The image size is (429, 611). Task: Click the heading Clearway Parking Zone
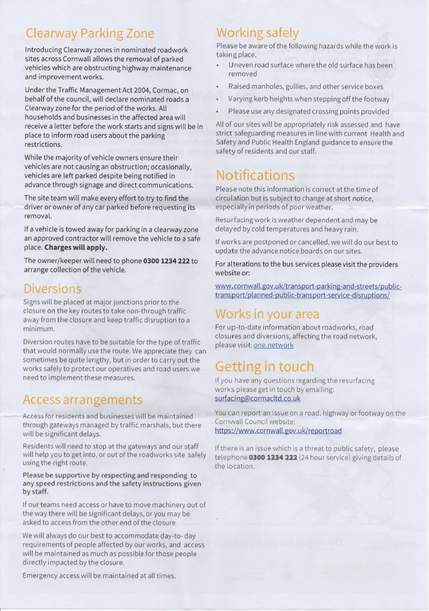[x=90, y=33]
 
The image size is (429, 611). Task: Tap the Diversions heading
[x=53, y=288]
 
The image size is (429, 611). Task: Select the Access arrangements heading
[x=82, y=400]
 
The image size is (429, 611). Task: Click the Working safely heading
[x=257, y=32]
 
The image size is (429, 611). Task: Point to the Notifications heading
[x=254, y=175]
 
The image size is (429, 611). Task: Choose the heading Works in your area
[x=267, y=314]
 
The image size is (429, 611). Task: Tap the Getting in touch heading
[x=265, y=367]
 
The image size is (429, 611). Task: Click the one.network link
[x=273, y=345]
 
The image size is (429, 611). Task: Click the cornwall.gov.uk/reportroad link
[x=278, y=430]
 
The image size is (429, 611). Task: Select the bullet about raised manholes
[x=305, y=86]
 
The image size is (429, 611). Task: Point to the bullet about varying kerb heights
[x=309, y=99]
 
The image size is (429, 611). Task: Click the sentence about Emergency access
[x=99, y=575]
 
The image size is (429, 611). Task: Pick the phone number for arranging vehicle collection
[x=166, y=260]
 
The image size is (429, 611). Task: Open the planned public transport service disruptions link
[x=308, y=290]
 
